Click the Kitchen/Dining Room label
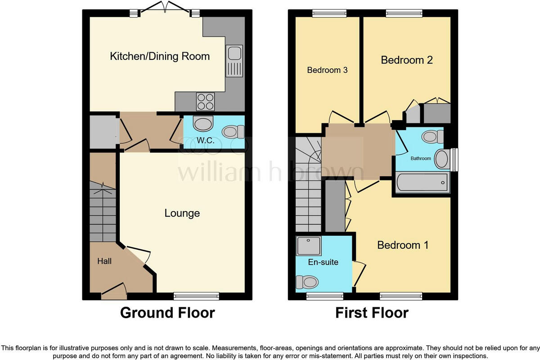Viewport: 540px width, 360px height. [160, 56]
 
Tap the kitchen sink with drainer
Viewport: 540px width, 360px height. [234, 60]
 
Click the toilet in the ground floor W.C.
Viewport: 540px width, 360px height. [233, 131]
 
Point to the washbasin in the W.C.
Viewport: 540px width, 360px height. [202, 124]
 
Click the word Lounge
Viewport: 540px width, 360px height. [182, 213]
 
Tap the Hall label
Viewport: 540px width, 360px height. [104, 261]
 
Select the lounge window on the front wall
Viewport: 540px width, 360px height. [196, 296]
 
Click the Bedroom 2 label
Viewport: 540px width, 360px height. [407, 60]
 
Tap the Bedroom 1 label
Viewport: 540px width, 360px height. [402, 245]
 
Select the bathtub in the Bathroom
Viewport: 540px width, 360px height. [422, 183]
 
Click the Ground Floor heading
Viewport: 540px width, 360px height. [167, 313]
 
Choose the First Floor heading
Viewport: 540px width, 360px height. [372, 313]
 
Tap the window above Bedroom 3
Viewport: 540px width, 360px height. [329, 13]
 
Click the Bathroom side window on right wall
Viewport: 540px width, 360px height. [454, 160]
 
